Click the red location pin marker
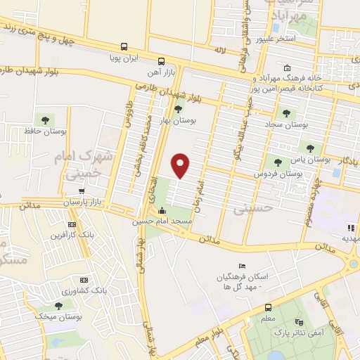click(x=181, y=165)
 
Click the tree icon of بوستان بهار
click(x=178, y=108)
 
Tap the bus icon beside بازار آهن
click(x=161, y=60)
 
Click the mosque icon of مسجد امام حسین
click(x=163, y=211)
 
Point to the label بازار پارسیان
click(x=84, y=202)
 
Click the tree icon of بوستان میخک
click(x=58, y=305)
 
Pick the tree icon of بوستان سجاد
click(x=286, y=112)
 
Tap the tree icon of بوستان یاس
click(x=309, y=148)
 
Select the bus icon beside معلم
click(x=267, y=307)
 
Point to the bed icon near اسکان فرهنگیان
click(x=242, y=266)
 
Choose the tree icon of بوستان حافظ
click(x=47, y=119)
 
